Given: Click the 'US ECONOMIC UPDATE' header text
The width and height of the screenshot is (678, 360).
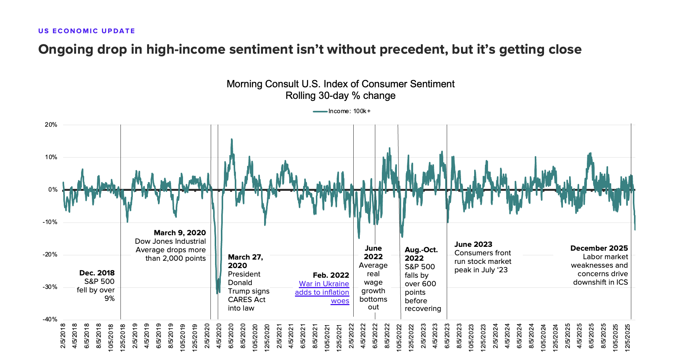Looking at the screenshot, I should (86, 31).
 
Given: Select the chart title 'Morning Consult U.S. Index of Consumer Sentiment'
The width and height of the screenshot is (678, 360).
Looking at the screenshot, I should (340, 84).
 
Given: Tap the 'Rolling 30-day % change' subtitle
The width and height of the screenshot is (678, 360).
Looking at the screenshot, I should (340, 95).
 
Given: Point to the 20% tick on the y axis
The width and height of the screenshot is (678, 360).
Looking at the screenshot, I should (51, 125).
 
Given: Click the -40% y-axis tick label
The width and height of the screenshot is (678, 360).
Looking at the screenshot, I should (50, 319).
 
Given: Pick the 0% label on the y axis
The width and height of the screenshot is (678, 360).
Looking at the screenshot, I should (53, 190).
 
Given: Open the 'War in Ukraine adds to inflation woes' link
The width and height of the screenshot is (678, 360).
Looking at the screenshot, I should (322, 292).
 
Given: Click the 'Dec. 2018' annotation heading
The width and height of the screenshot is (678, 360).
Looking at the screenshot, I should (97, 273).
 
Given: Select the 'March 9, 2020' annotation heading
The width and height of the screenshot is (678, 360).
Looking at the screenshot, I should (180, 233).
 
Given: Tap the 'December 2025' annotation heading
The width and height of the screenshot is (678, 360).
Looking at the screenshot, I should (599, 248).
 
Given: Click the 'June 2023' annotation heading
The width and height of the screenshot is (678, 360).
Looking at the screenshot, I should (473, 244).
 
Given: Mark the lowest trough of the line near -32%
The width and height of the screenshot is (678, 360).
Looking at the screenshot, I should (217, 294).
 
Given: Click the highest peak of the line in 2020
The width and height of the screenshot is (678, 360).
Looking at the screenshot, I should (232, 139).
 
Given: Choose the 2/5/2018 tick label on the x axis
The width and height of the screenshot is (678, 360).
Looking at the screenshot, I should (63, 336).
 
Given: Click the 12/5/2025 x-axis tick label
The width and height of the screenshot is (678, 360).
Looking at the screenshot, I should (628, 336).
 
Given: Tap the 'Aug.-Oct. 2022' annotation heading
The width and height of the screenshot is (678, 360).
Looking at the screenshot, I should (421, 254).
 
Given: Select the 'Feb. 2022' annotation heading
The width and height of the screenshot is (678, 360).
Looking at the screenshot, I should (331, 275).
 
